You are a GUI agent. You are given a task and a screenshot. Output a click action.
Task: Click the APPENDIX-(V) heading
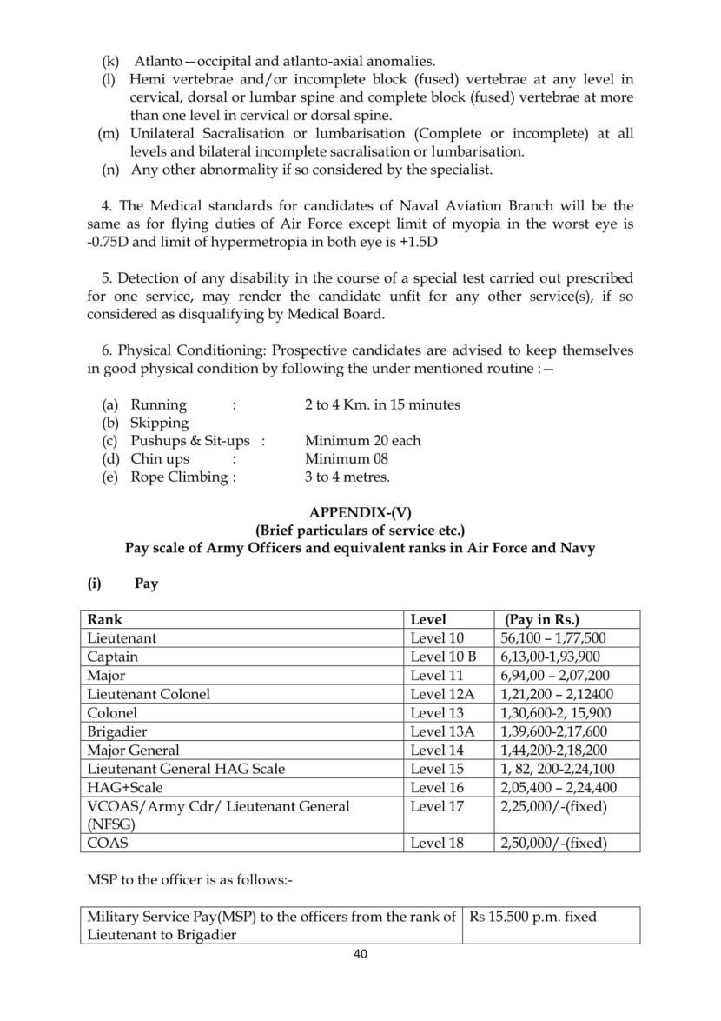[360, 512]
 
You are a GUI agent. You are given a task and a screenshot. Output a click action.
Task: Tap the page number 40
[360, 954]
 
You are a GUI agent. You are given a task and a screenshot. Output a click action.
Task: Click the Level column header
[428, 620]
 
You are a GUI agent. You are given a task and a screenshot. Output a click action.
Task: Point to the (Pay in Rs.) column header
[542, 620]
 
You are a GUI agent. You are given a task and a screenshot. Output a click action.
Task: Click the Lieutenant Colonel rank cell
[149, 694]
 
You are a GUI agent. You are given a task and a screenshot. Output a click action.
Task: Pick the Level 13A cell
[443, 731]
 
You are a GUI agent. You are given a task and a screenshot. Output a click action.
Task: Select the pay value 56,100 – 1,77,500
[553, 638]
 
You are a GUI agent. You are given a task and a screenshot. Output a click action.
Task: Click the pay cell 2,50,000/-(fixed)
[553, 843]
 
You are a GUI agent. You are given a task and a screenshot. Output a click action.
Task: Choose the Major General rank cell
[133, 750]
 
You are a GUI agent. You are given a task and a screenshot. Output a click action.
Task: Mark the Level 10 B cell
[443, 657]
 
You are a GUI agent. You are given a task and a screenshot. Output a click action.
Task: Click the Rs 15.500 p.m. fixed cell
[533, 917]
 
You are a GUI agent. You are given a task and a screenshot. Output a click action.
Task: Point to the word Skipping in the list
[159, 423]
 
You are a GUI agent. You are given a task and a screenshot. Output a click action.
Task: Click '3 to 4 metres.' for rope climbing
[347, 477]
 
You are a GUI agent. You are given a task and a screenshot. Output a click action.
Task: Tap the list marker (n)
[110, 170]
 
